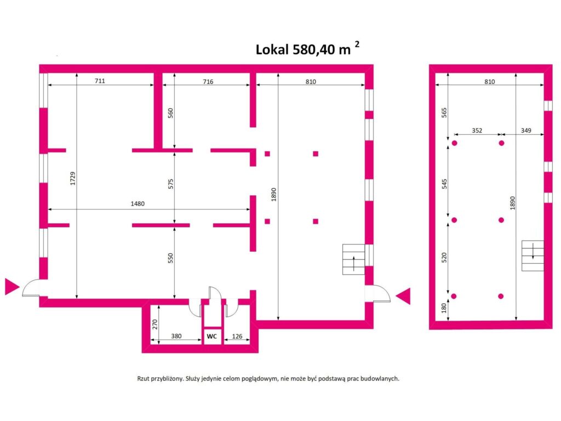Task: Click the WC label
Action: click(x=212, y=337)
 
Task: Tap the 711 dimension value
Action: click(x=100, y=81)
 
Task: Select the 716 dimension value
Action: click(x=208, y=82)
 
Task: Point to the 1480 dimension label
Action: click(x=138, y=204)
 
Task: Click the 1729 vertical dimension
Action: click(x=73, y=178)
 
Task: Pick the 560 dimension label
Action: click(x=170, y=113)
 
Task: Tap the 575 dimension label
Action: click(x=171, y=184)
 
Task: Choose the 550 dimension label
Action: click(x=170, y=258)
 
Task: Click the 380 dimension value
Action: click(x=176, y=336)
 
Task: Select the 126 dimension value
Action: click(x=237, y=336)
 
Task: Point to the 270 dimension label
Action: click(x=154, y=325)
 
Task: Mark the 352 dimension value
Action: click(x=477, y=130)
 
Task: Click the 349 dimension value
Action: click(x=526, y=130)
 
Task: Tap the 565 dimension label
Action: click(x=444, y=112)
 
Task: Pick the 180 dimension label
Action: click(x=444, y=308)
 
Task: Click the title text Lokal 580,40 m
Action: click(x=303, y=49)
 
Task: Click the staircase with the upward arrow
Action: click(x=353, y=259)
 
